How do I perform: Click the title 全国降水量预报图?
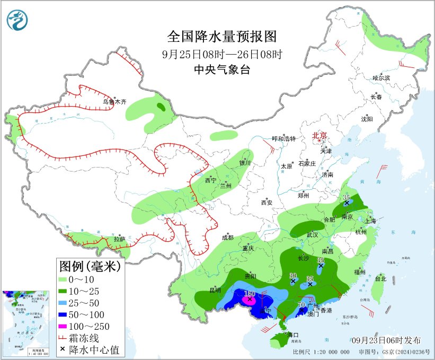222,37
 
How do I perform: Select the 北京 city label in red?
320,135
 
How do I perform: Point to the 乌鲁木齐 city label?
115,101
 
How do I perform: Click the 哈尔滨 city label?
380,78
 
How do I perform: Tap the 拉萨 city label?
119,239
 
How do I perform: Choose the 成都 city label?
227,237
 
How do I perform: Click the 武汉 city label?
312,234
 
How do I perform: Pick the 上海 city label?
370,221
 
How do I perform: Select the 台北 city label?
381,278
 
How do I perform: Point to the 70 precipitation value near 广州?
301,305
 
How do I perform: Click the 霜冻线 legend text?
95,338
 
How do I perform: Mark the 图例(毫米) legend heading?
90,265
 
